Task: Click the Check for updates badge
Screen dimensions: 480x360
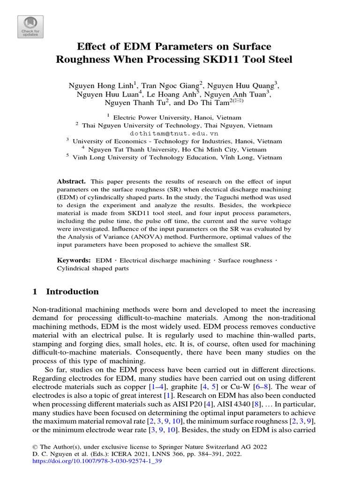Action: [30, 27]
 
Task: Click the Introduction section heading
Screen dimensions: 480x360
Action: [72, 292]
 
